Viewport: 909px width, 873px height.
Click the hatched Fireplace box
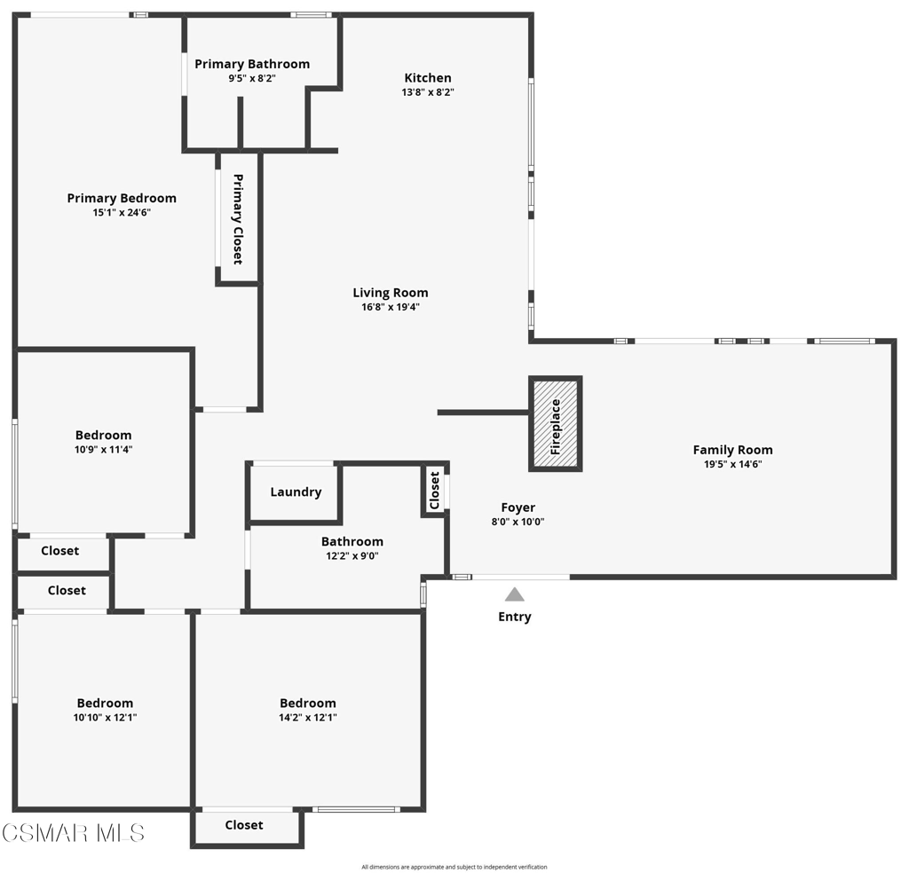[x=556, y=424]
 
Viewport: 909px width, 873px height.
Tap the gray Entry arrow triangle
[x=515, y=594]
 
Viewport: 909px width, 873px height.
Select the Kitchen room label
[x=428, y=78]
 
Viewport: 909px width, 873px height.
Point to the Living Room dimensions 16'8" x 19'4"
[x=390, y=308]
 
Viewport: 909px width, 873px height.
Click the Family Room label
[x=732, y=450]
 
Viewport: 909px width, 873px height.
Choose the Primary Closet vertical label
[x=238, y=219]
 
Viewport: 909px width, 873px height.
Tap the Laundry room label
[x=296, y=492]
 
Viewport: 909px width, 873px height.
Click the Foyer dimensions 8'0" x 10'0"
[x=518, y=523]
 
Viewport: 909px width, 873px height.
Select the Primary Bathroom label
[x=252, y=64]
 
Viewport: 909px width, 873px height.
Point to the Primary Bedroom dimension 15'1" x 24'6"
[x=122, y=213]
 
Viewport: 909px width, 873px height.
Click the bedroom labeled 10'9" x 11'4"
[x=104, y=442]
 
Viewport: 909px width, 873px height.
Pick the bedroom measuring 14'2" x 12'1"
[x=308, y=710]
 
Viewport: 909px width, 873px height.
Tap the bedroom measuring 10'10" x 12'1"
[x=105, y=710]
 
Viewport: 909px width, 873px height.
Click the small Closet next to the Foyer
[x=435, y=491]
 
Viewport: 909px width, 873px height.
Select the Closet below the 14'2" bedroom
[x=244, y=825]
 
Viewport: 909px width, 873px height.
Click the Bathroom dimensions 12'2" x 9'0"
[x=352, y=556]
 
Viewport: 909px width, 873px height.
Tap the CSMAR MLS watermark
[x=73, y=833]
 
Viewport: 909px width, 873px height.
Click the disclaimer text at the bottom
[x=454, y=867]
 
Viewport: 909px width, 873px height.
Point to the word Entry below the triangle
[x=515, y=617]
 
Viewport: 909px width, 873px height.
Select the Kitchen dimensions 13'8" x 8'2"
[x=428, y=92]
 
